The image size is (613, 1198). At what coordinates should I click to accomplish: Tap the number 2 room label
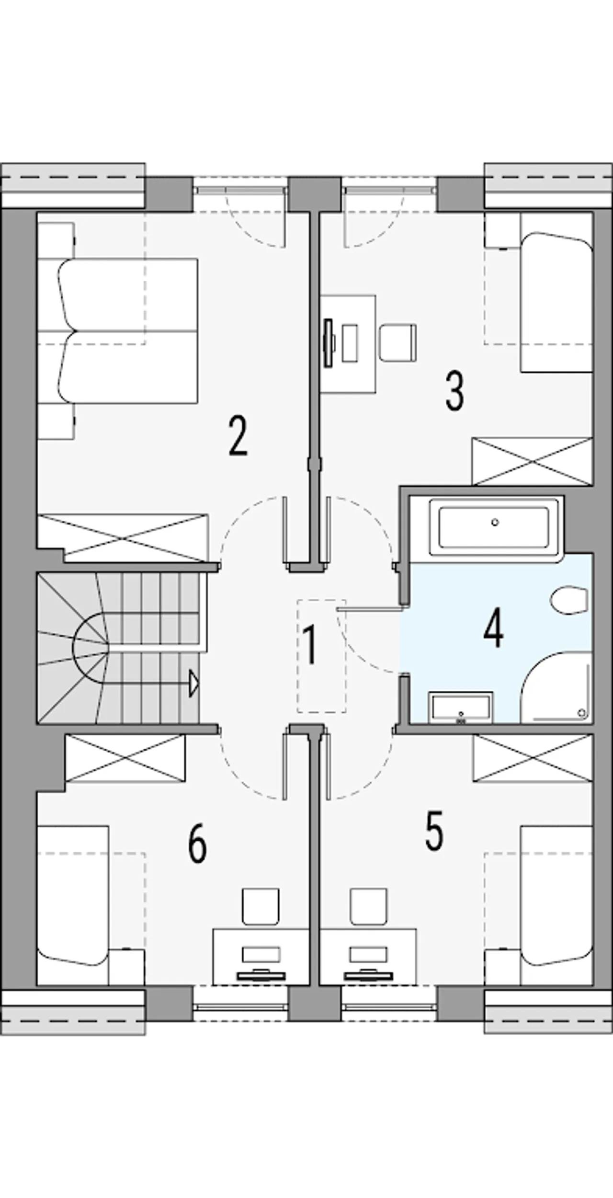click(x=238, y=436)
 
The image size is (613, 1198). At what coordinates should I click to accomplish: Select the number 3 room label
click(x=454, y=392)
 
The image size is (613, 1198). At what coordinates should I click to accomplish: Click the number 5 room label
click(x=434, y=831)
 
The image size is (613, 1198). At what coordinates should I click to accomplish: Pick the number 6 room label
click(x=197, y=844)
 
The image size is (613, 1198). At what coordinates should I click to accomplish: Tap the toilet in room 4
click(x=568, y=600)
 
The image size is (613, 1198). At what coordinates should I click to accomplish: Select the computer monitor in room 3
click(x=329, y=343)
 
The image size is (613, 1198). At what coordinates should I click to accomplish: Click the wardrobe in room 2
click(x=123, y=537)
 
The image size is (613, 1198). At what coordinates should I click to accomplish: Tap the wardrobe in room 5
click(x=533, y=759)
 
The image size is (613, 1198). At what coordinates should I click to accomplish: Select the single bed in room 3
click(x=557, y=302)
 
